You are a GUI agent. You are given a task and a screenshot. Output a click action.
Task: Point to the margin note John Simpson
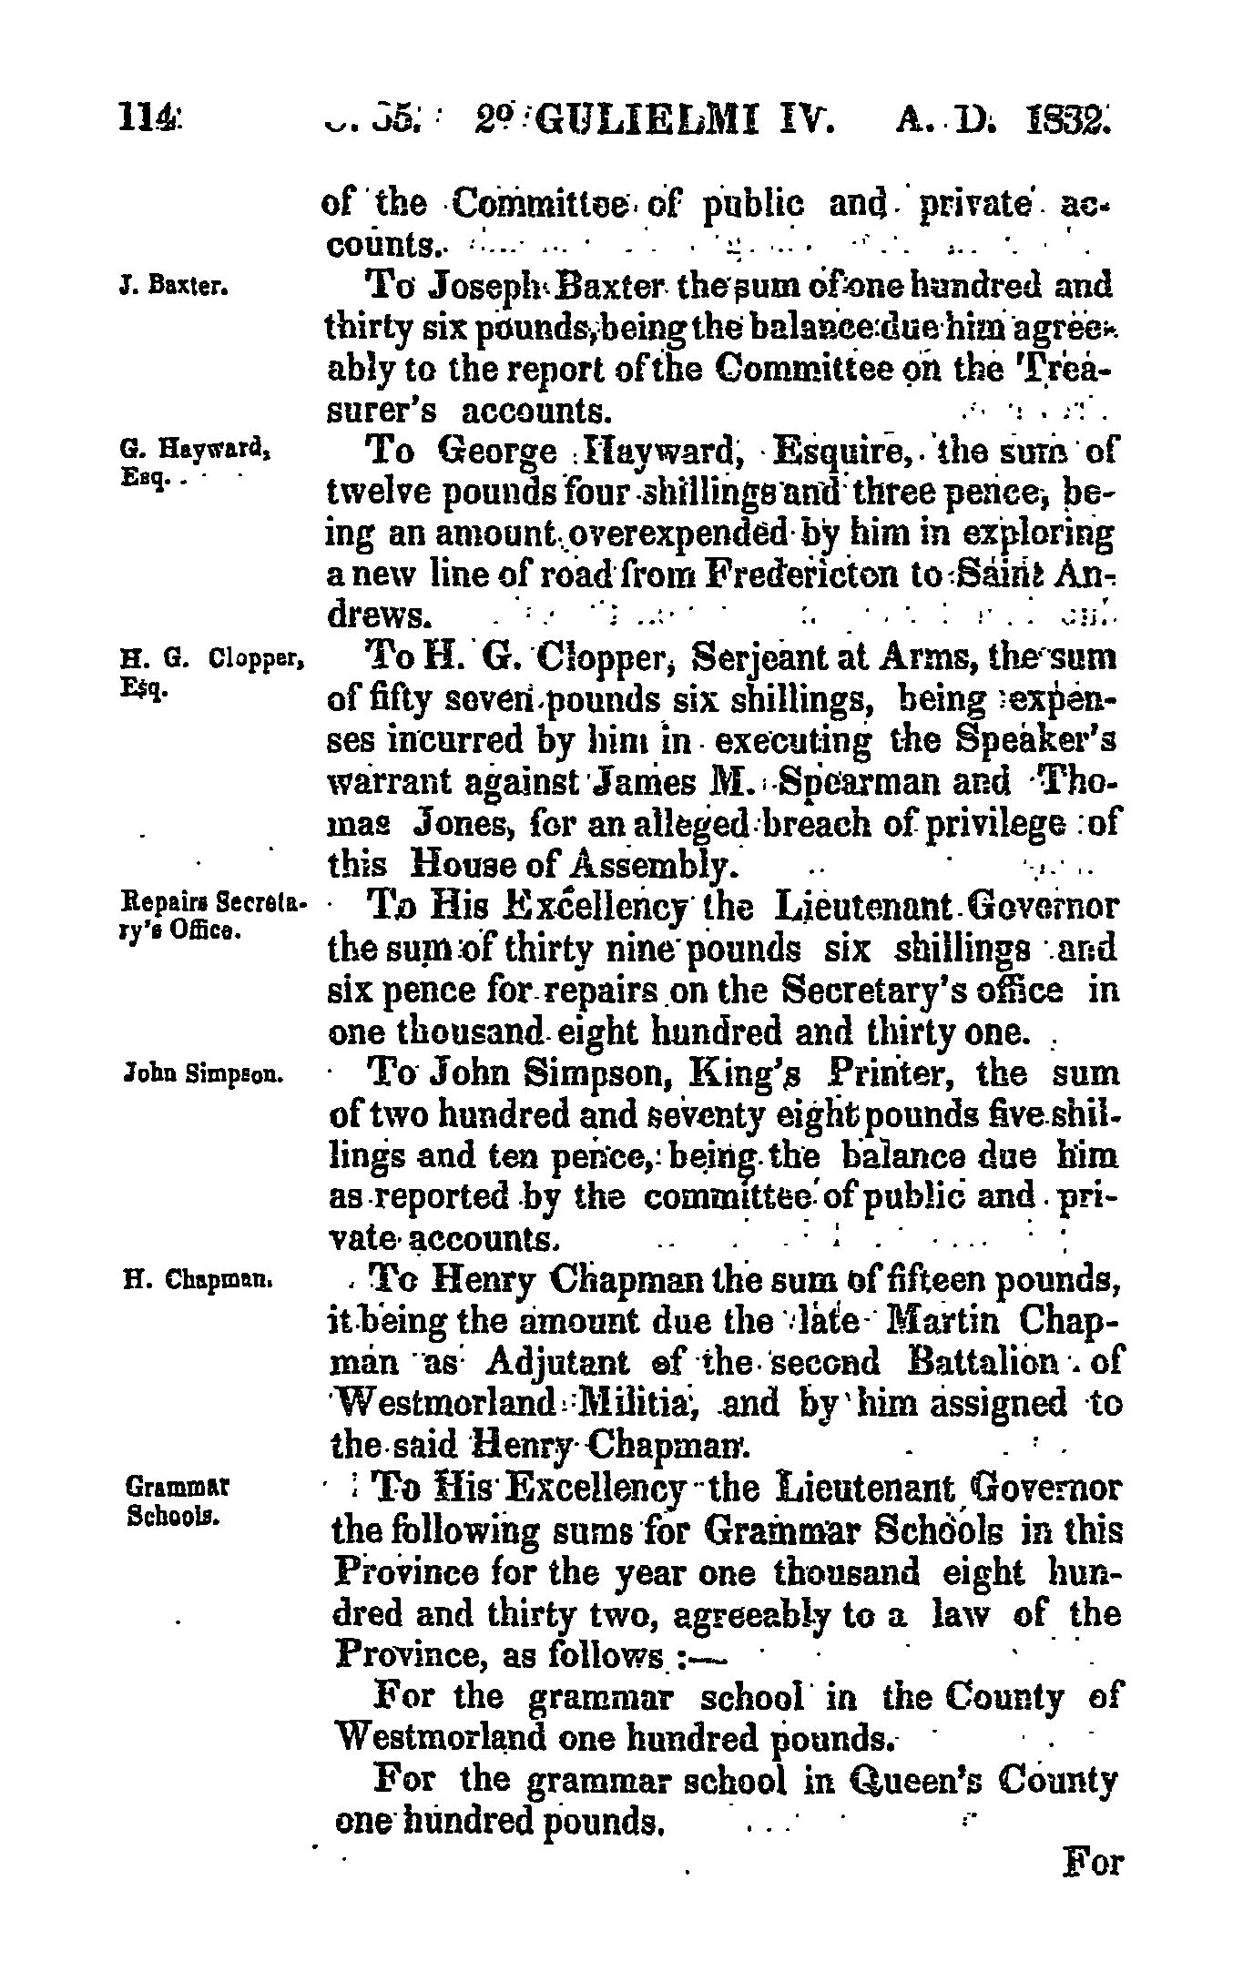pos(204,1075)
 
